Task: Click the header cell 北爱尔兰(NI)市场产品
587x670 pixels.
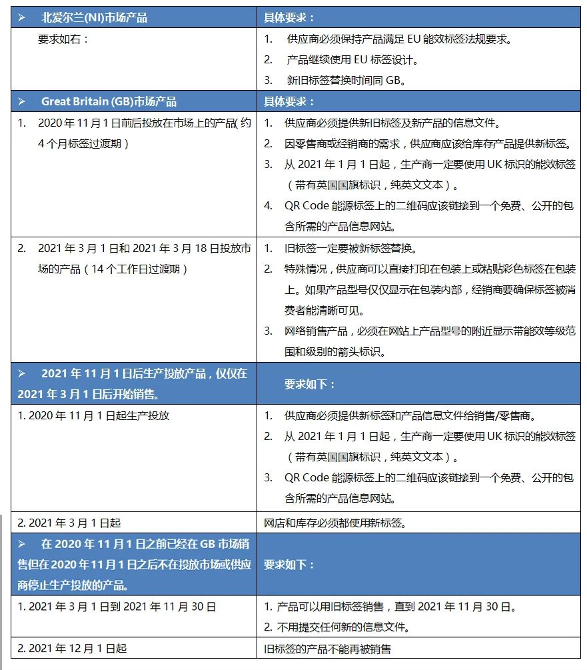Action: coord(94,18)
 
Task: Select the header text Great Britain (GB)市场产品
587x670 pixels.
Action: coord(109,102)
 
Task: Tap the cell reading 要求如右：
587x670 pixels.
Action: coord(63,39)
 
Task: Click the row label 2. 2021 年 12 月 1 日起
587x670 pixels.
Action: coord(72,648)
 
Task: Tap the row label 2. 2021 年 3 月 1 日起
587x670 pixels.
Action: coord(69,523)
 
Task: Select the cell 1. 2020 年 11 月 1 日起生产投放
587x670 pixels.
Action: coord(93,415)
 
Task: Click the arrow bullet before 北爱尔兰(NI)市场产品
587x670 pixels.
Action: coord(22,18)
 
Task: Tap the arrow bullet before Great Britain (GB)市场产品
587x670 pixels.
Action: coord(22,102)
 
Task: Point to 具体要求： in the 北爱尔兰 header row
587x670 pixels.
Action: coord(289,18)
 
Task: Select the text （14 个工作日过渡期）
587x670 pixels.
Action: coord(123,269)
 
